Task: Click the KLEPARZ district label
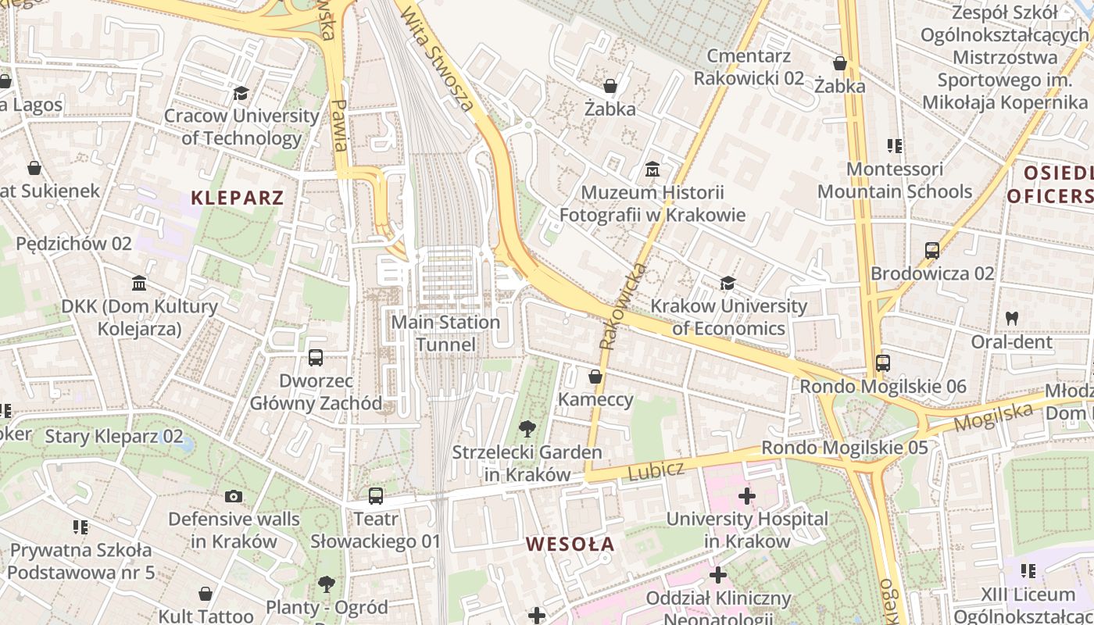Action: pos(238,197)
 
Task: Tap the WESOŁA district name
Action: pos(570,544)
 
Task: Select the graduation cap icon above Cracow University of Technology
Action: pos(241,94)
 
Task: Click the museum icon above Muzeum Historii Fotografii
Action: pos(652,170)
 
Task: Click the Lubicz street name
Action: pos(656,471)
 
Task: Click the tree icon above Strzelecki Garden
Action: pos(527,429)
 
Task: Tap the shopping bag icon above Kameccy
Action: pos(595,377)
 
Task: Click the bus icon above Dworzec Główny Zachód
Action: pos(316,358)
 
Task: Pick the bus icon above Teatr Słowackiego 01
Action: pos(376,495)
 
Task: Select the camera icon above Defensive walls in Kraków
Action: pos(234,496)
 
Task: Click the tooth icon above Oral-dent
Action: pos(1012,319)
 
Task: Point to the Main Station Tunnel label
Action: pos(445,333)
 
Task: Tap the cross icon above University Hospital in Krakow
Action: pos(747,495)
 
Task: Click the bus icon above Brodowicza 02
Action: pos(932,251)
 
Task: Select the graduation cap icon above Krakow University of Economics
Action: pos(728,283)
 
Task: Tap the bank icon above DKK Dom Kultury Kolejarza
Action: pos(139,283)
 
